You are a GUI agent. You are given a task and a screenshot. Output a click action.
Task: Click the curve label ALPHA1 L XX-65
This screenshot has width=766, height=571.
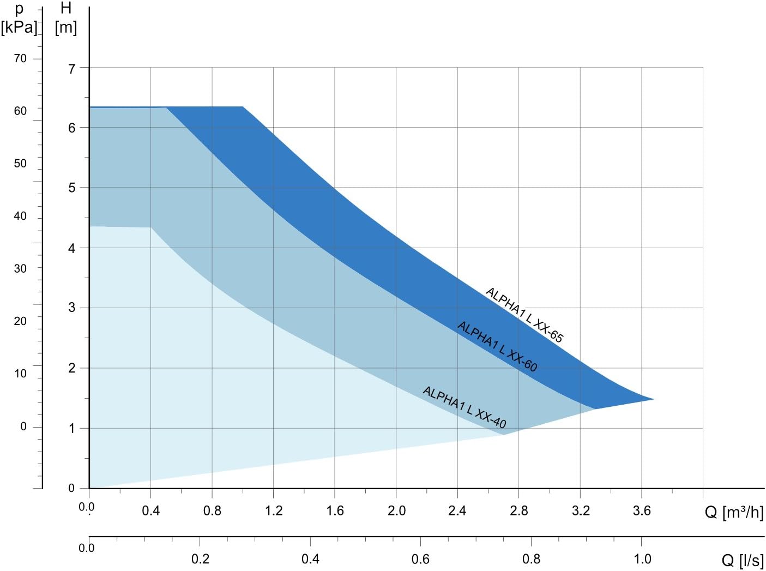[x=524, y=315]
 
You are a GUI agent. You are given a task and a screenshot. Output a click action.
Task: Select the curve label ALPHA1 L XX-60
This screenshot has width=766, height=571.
[x=497, y=346]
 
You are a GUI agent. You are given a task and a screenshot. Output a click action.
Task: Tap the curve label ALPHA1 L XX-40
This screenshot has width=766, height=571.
[x=465, y=407]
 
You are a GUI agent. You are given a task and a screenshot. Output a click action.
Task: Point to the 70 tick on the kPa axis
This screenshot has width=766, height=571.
[x=20, y=58]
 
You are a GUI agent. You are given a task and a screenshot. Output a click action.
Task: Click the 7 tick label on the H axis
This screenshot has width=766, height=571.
[x=71, y=69]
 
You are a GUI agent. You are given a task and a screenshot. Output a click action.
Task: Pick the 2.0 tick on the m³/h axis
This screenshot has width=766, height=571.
[x=396, y=510]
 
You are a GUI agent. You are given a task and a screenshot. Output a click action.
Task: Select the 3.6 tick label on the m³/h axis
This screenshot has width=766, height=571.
[x=642, y=510]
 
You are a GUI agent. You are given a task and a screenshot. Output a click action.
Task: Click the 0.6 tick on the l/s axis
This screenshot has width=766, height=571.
[x=420, y=559]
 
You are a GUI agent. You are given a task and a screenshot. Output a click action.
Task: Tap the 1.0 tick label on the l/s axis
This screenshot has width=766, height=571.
[x=642, y=559]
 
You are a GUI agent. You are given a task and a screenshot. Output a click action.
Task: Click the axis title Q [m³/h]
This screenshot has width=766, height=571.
[x=734, y=512]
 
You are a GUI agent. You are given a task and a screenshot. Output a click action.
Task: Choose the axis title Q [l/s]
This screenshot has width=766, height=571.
[x=742, y=560]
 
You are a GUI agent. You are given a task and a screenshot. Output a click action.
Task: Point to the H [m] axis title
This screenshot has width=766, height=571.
[x=66, y=17]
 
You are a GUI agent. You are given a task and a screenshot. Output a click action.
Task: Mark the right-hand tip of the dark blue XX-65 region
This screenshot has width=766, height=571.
[x=653, y=399]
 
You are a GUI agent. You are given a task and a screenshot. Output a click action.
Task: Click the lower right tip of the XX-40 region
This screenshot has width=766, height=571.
[x=504, y=434]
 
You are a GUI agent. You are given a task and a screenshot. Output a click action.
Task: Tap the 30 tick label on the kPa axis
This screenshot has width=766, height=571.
[x=20, y=268]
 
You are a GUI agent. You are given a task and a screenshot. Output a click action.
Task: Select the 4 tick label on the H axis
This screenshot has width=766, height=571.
[x=71, y=248]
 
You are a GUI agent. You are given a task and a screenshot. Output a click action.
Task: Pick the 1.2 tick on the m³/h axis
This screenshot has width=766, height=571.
[x=274, y=510]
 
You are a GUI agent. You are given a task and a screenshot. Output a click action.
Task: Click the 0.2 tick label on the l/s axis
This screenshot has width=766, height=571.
[x=200, y=559]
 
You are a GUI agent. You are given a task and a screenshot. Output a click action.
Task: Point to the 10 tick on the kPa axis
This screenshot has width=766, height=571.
[x=20, y=374]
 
